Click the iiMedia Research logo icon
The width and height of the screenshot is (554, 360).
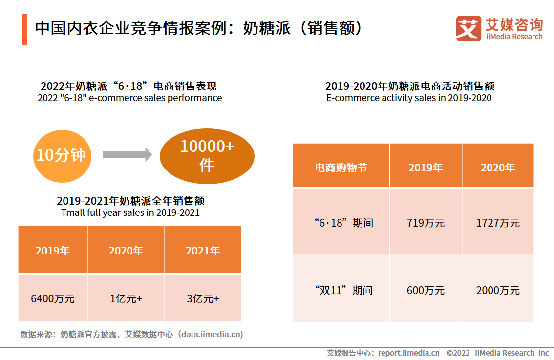(468, 28)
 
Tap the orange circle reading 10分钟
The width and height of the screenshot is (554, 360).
(62, 155)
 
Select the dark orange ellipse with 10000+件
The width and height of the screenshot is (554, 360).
(207, 156)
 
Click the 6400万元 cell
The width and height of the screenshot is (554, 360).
(53, 298)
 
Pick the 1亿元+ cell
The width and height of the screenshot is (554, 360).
(126, 298)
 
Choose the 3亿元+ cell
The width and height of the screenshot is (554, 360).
(203, 298)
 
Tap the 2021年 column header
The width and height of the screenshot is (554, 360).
(203, 251)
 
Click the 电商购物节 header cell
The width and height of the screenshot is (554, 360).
(341, 168)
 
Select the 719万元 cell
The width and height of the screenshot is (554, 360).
(426, 223)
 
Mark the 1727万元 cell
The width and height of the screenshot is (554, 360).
(498, 223)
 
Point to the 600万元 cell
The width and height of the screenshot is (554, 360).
(426, 291)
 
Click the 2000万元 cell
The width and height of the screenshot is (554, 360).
(498, 291)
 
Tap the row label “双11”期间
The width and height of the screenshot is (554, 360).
(343, 291)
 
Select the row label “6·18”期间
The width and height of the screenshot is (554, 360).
(343, 223)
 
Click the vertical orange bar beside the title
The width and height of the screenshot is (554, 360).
(24, 30)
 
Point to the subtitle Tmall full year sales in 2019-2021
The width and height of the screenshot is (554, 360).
(130, 213)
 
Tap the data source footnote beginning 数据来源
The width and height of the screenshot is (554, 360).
(131, 335)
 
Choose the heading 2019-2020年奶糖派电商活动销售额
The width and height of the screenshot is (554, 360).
(409, 86)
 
